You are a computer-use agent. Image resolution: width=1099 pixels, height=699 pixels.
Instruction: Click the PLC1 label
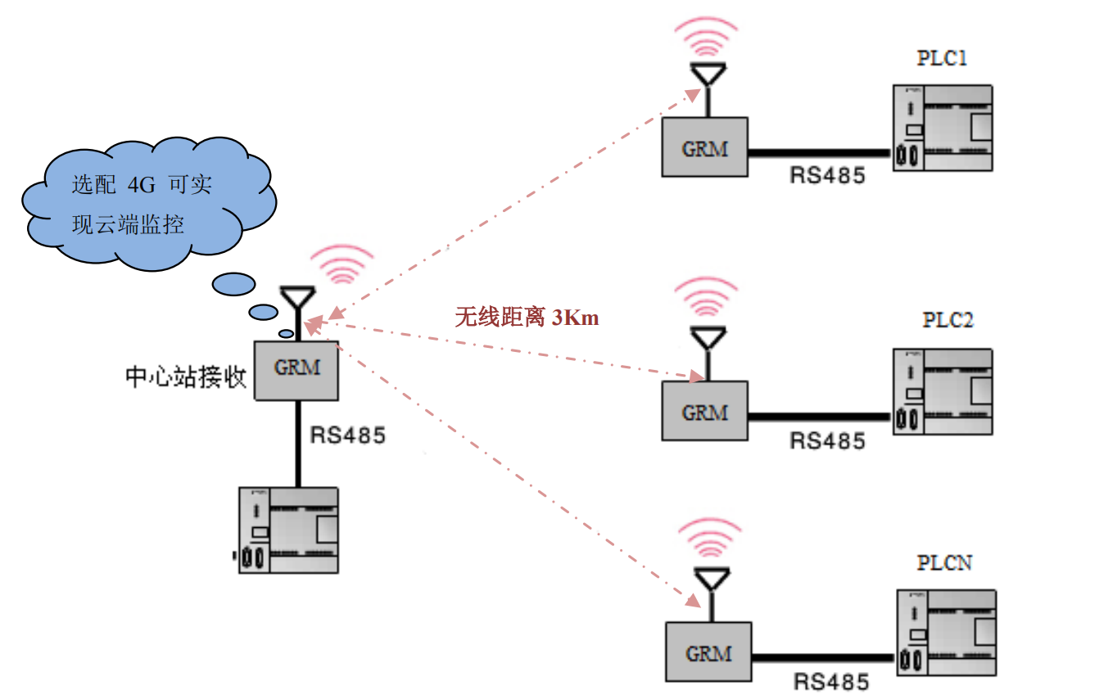(943, 58)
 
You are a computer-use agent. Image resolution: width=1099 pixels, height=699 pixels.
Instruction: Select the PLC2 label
(947, 319)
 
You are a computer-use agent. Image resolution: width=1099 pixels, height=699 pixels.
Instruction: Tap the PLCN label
(944, 563)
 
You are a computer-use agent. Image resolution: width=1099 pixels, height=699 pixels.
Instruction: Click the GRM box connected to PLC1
(704, 147)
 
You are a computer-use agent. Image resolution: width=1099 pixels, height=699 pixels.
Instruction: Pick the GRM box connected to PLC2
(704, 411)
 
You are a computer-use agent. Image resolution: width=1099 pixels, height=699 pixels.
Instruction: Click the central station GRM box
(296, 369)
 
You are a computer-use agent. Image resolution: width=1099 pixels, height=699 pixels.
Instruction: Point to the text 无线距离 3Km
(527, 318)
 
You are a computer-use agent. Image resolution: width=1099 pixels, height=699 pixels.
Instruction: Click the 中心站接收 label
(186, 377)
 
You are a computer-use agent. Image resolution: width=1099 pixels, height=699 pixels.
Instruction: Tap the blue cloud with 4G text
(143, 205)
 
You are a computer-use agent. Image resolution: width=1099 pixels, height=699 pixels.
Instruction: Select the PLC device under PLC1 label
(943, 129)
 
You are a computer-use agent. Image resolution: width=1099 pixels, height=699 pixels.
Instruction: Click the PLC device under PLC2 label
(943, 392)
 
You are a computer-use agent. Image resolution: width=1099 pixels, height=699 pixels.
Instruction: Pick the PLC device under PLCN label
(946, 633)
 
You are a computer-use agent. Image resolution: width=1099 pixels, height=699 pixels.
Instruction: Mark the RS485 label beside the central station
(347, 435)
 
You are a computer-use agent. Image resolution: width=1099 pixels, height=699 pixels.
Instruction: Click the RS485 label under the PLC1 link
(827, 176)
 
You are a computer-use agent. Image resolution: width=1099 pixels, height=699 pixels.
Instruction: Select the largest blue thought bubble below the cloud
(233, 284)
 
